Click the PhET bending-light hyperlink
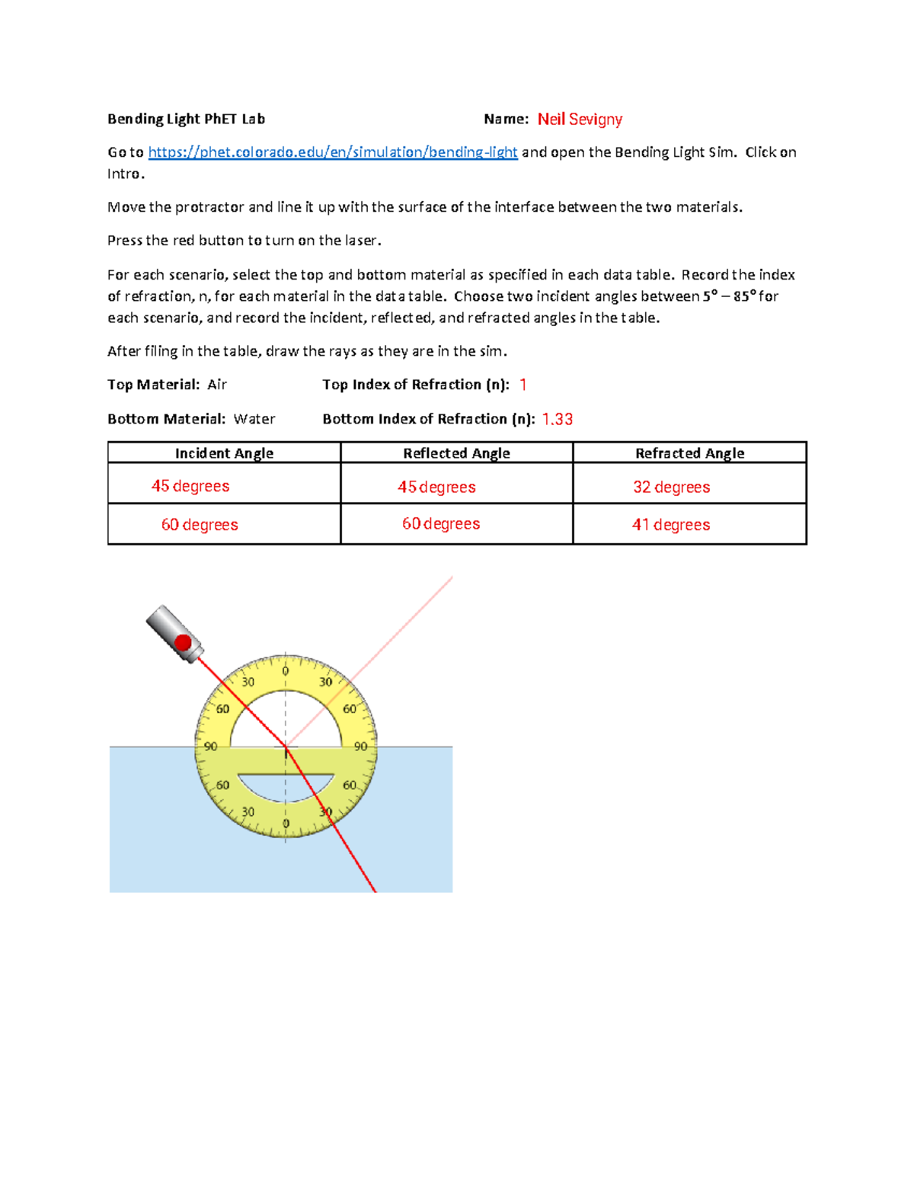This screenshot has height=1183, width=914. point(332,152)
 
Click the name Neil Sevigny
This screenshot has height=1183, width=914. point(580,120)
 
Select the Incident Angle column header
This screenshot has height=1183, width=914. point(224,453)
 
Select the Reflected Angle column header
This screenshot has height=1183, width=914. point(456,453)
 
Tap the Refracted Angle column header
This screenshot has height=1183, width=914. point(689,453)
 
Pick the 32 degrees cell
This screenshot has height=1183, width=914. point(671,488)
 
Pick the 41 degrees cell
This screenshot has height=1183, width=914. point(670,525)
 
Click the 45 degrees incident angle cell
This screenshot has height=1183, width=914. point(190,486)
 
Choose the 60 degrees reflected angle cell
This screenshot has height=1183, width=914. point(441,524)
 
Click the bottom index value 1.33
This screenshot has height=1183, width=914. point(557,420)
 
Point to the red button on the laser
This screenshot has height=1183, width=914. point(183,642)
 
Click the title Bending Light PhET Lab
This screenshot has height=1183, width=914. point(186,119)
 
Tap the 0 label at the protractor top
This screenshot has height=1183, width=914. point(286,671)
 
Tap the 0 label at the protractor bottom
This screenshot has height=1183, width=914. point(286,823)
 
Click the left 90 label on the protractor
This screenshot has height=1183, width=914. point(210,747)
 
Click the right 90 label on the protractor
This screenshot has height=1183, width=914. point(360,747)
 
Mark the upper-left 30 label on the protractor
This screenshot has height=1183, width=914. point(248,682)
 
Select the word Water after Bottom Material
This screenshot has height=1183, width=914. point(254,419)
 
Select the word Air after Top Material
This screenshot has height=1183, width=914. point(217,385)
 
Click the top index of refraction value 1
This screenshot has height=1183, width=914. point(523,385)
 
